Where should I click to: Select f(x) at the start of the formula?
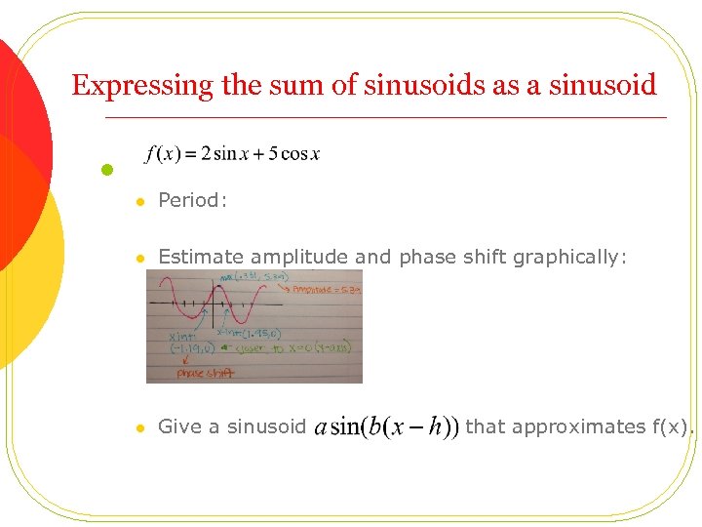[161, 154]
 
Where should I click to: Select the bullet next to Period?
[140, 202]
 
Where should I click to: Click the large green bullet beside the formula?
[109, 170]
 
